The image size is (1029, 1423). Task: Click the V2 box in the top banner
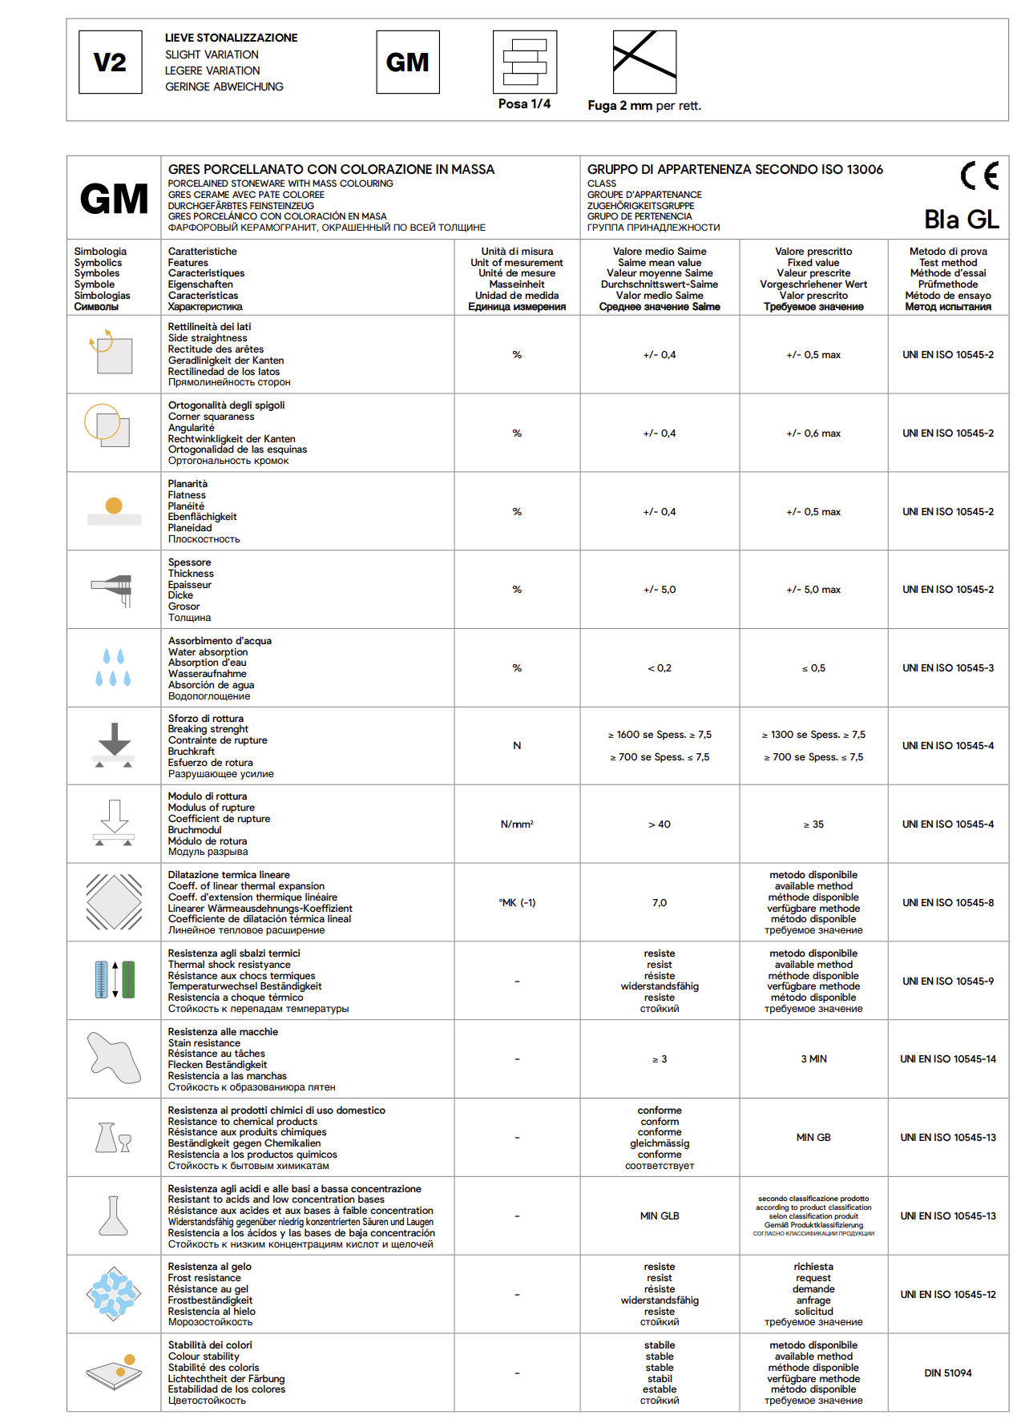click(x=111, y=62)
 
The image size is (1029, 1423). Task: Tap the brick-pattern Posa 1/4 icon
click(x=524, y=62)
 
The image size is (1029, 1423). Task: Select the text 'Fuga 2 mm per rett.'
click(x=644, y=106)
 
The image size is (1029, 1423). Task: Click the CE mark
click(x=979, y=175)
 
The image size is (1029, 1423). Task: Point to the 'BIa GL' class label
click(x=961, y=220)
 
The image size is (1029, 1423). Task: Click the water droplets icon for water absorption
click(x=113, y=667)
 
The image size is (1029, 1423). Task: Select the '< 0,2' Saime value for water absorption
click(x=659, y=668)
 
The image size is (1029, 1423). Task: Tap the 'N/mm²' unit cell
click(x=517, y=824)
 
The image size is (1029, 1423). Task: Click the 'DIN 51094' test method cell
click(x=947, y=1373)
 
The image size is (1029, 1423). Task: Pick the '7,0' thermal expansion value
click(x=659, y=903)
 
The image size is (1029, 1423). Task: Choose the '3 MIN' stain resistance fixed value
click(x=813, y=1059)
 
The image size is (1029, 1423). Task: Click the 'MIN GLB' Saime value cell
click(x=659, y=1216)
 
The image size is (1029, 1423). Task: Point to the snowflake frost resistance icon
click(x=114, y=1294)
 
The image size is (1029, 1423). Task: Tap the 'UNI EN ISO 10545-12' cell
click(x=947, y=1295)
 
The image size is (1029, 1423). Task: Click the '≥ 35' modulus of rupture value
click(x=813, y=824)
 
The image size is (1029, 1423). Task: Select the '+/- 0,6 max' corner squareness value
click(x=813, y=433)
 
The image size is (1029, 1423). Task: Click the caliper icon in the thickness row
click(x=113, y=590)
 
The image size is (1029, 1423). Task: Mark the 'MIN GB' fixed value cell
click(x=813, y=1138)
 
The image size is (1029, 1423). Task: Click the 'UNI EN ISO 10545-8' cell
click(x=947, y=903)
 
